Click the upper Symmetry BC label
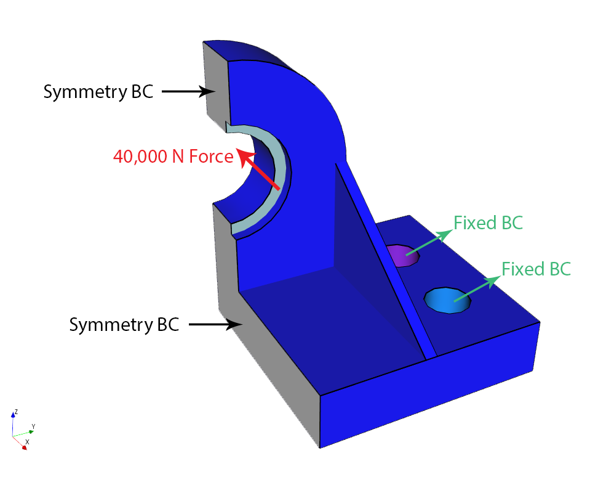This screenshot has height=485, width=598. (98, 92)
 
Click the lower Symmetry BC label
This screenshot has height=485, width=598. (124, 325)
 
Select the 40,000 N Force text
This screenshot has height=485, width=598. (173, 156)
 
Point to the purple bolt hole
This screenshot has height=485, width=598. (402, 256)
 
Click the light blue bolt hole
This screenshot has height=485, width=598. (447, 301)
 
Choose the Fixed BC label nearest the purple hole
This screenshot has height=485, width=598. (488, 223)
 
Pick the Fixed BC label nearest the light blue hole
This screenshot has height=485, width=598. (536, 269)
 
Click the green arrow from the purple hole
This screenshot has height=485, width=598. (429, 243)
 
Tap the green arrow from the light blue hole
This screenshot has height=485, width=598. (477, 288)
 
